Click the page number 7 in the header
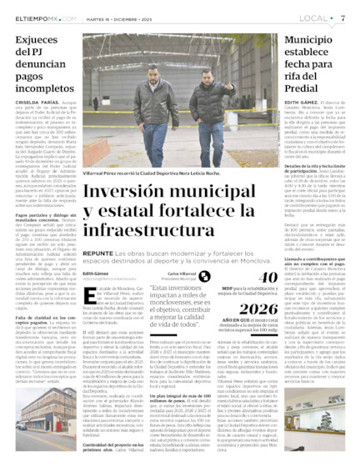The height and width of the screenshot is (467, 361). pos(343,17)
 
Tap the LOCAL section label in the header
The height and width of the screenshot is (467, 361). pos(314,17)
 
